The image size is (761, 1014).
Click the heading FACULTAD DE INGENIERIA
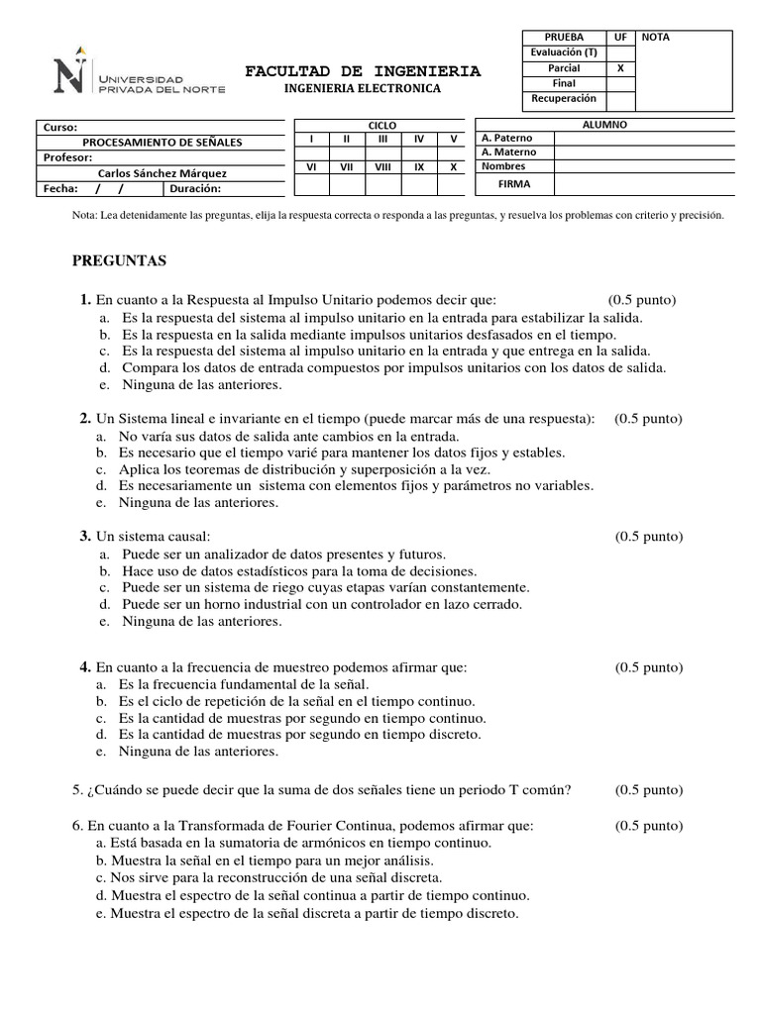tap(363, 71)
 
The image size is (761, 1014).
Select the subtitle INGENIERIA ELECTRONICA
tap(363, 88)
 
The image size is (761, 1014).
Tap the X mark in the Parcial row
tap(620, 68)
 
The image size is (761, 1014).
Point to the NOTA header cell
tap(656, 37)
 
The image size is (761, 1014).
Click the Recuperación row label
tap(564, 99)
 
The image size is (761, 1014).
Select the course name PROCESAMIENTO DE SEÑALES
tap(162, 142)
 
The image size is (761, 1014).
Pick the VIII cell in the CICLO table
tap(382, 167)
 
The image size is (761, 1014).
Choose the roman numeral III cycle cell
tap(382, 140)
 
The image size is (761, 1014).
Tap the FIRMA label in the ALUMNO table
tap(514, 184)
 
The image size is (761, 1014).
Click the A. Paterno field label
tap(506, 139)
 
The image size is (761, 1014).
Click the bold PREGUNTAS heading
tap(120, 261)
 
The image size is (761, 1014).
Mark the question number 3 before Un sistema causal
tap(85, 536)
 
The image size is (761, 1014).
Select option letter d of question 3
tap(103, 603)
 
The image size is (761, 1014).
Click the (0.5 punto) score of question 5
tap(648, 789)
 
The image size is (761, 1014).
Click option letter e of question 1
tap(103, 385)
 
